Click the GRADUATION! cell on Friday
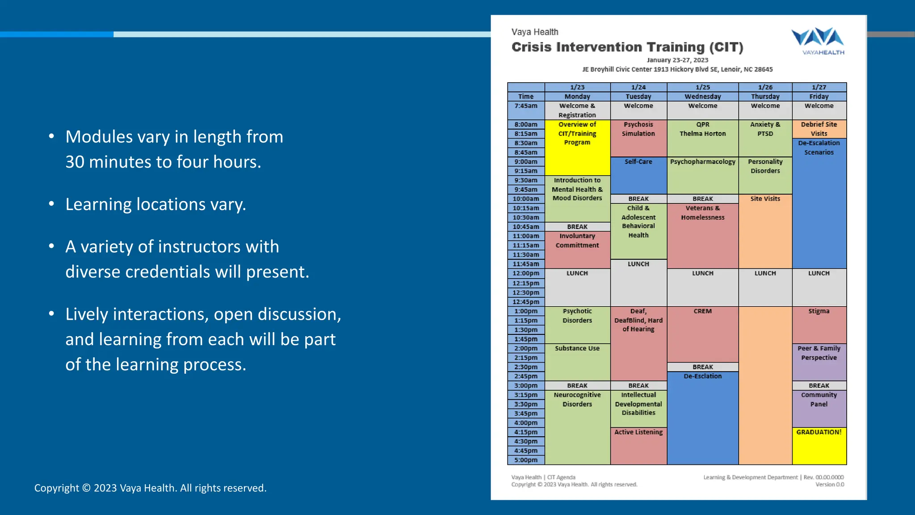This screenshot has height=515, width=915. coord(819,432)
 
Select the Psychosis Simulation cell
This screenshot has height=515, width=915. coord(638,129)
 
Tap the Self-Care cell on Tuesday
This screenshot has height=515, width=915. coord(638,162)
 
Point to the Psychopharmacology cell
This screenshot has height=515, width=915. coord(702,162)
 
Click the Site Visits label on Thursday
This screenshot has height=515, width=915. coord(765,199)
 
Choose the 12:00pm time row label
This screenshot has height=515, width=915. coord(526,273)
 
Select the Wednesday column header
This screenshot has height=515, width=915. coord(702,97)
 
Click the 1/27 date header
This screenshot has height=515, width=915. coord(819,87)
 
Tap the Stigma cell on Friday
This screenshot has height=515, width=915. coord(819,311)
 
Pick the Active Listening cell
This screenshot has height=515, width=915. coord(638,432)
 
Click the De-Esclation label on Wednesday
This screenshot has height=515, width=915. coord(702,376)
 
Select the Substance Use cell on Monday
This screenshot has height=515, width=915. coord(577,349)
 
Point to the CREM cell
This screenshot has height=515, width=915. coord(702,311)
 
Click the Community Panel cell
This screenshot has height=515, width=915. coord(819,400)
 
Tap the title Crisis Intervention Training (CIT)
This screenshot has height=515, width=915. coord(627,47)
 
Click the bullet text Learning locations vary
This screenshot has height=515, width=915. coord(155,204)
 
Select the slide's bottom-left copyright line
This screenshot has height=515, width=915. coord(150,488)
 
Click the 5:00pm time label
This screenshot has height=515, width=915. coord(526,460)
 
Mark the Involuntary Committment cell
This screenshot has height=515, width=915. coord(577,241)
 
